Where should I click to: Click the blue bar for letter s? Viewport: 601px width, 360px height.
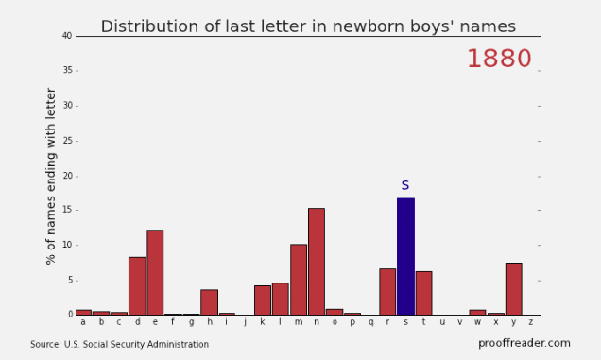[405, 256]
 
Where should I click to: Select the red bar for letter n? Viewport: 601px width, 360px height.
[317, 262]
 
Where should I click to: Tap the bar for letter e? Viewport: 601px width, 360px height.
[155, 272]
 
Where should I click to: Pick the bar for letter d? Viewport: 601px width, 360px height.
[137, 286]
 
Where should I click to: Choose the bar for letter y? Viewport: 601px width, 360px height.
[514, 289]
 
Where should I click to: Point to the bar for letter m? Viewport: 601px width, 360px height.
[299, 280]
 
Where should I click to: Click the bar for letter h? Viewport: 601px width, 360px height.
[209, 302]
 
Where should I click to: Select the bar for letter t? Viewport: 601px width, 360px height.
[423, 293]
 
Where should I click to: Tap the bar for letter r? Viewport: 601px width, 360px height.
[387, 292]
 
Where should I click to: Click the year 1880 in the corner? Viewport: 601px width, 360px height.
[499, 59]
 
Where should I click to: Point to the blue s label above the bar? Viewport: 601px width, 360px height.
[405, 185]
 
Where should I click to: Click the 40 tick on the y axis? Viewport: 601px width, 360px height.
[67, 36]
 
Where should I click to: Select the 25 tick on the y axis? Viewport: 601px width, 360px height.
[67, 141]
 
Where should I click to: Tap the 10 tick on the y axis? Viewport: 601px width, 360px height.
[67, 245]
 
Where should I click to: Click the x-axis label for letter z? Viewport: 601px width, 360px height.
[531, 322]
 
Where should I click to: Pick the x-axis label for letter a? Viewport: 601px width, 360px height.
[83, 322]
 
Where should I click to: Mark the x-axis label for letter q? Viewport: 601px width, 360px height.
[370, 323]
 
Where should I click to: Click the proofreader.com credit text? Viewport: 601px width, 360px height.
[524, 343]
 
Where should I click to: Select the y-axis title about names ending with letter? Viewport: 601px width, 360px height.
[51, 176]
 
